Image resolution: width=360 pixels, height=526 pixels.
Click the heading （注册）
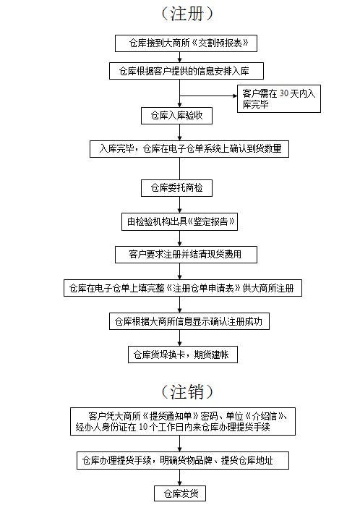187,14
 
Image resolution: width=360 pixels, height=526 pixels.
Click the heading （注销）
187,391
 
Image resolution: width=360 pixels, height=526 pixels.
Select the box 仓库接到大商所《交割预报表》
186,43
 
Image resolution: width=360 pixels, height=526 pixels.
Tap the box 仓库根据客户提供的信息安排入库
187,71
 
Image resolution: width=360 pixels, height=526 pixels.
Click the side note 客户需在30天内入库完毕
279,98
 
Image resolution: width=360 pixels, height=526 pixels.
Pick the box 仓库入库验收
176,116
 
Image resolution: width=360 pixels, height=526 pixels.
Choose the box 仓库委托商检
176,188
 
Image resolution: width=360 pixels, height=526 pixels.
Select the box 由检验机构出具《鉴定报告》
180,221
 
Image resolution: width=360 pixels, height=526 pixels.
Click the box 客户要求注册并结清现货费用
186,255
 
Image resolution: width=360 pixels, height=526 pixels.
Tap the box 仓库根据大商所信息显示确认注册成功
189,321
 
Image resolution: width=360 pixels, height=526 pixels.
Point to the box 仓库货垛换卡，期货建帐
183,355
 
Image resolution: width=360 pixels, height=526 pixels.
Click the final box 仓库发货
180,493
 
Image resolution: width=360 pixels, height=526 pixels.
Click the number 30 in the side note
284,93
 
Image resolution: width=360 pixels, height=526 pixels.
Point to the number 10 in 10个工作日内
143,427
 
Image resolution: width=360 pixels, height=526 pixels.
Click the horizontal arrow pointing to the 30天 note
208,96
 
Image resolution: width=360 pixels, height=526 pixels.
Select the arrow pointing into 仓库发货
180,478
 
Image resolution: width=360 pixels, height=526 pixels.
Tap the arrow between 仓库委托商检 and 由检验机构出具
180,205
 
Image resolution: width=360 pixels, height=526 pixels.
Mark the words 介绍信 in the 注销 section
265,416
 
